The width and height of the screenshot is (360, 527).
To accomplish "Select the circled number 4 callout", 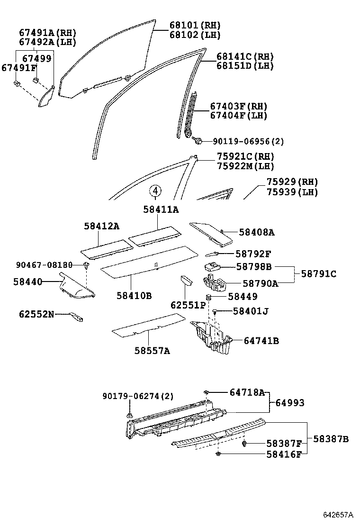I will click(156, 191).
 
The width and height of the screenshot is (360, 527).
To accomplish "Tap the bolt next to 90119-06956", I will click(198, 141).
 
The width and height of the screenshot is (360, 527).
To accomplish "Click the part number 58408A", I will click(257, 232).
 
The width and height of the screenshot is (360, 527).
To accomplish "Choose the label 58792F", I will click(253, 254).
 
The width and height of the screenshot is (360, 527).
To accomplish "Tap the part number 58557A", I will click(152, 351).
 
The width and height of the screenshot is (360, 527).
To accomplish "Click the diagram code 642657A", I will click(338, 515).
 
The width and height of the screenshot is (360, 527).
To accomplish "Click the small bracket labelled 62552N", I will click(76, 318).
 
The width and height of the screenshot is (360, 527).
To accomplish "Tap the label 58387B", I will click(331, 439).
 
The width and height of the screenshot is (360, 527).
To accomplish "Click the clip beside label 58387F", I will click(244, 444).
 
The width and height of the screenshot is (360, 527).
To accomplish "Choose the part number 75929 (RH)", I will click(292, 182).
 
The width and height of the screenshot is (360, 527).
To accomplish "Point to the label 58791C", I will click(317, 274).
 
